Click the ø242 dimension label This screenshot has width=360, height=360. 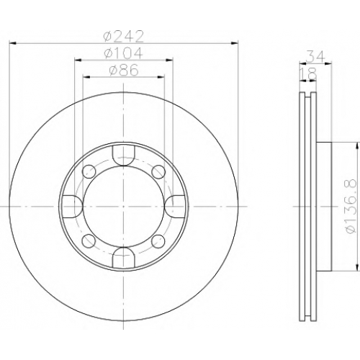point(124,37)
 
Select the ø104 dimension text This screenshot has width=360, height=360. point(124,53)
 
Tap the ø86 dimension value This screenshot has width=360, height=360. point(124,70)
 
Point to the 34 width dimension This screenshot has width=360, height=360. point(315,57)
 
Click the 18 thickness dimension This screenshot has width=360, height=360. point(309,73)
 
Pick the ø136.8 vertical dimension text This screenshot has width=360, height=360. point(351,206)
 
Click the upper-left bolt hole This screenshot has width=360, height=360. point(89,171)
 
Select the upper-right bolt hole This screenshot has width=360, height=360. point(158,171)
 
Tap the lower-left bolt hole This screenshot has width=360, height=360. point(89,240)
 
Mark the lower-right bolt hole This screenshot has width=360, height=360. point(158,240)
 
